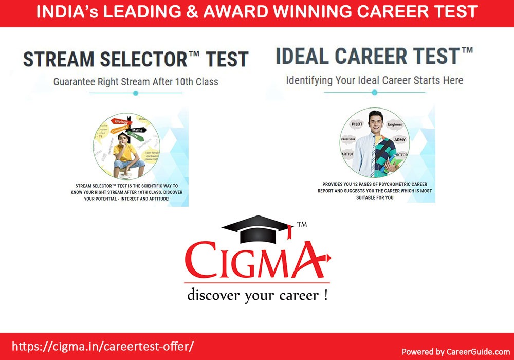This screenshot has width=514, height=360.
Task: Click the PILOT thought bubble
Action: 356,124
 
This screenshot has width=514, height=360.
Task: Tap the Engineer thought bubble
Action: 395,124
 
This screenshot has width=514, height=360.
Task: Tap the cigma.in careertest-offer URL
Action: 102,346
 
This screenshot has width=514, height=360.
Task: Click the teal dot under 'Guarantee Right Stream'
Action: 136,93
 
